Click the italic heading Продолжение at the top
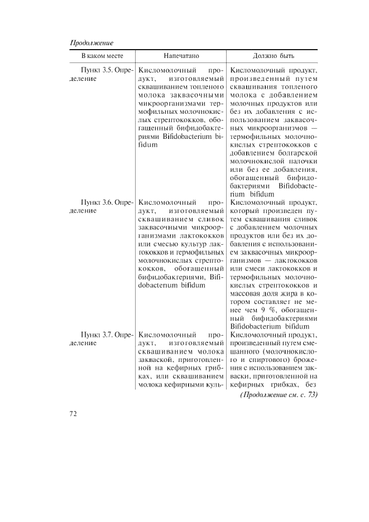(x=92, y=43)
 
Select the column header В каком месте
(x=102, y=56)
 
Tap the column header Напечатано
(x=181, y=56)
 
